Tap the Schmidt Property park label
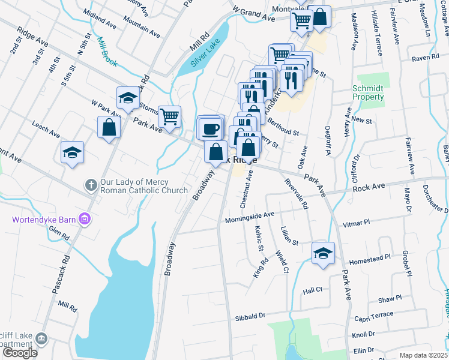(367, 92)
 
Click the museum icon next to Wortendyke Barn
(85, 220)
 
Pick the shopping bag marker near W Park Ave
(109, 127)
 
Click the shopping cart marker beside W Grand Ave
(301, 22)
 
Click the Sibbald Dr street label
(250, 316)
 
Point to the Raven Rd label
(427, 59)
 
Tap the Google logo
(20, 353)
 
